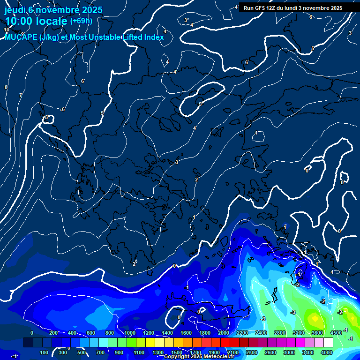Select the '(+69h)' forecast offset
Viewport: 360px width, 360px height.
[81, 21]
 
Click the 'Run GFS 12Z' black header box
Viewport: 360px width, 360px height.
[292, 8]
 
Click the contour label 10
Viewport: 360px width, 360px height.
[7, 30]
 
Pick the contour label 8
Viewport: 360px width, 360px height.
[6, 88]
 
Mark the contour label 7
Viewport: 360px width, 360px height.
[20, 95]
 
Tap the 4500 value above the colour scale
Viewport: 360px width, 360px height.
[336, 333]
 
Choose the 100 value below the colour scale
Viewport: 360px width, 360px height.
[44, 352]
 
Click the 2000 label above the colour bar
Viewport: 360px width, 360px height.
[223, 333]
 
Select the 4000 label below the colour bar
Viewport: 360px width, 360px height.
[327, 352]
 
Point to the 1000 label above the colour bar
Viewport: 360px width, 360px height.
[130, 333]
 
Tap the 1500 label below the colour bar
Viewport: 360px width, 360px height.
[177, 352]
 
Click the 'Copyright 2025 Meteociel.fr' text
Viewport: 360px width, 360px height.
[199, 357]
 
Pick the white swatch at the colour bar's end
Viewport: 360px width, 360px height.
[328, 343]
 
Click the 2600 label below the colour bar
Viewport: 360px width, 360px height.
[270, 352]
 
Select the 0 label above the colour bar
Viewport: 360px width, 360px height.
[32, 333]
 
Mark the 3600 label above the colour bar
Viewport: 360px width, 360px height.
[317, 333]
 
